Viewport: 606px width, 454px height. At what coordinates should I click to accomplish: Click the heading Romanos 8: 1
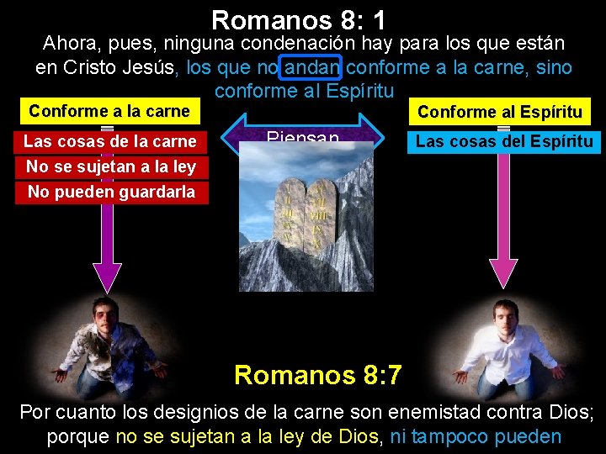(298, 18)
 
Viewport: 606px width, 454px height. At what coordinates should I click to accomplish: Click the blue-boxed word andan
(313, 68)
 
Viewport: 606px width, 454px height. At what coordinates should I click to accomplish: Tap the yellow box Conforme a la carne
(109, 112)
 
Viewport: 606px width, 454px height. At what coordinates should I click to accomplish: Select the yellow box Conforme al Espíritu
(499, 112)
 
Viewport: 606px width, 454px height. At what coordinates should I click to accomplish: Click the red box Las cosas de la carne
(109, 141)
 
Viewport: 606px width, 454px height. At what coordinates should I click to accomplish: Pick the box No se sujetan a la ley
(110, 166)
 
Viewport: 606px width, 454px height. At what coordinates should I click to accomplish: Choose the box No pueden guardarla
(110, 192)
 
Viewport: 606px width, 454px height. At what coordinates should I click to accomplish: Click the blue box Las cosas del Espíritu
(503, 141)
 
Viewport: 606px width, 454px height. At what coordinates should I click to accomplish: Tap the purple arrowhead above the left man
(107, 275)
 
